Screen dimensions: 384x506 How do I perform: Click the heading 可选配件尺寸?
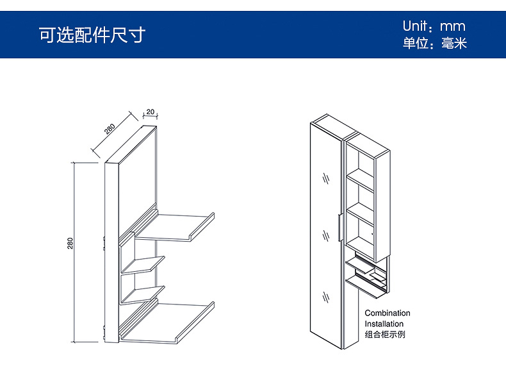pos(92,35)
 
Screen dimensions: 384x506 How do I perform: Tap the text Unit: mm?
pos(434,26)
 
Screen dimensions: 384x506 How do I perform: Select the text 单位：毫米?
pos(434,44)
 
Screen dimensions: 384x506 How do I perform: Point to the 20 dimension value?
pos(150,112)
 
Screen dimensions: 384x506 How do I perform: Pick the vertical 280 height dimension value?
pos(70,244)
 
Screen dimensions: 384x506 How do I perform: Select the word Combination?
pos(388,313)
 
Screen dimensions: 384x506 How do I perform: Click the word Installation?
pos(384,324)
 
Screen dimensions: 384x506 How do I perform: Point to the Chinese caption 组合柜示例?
pos(385,335)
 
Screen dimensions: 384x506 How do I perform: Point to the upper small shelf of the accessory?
pos(142,264)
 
